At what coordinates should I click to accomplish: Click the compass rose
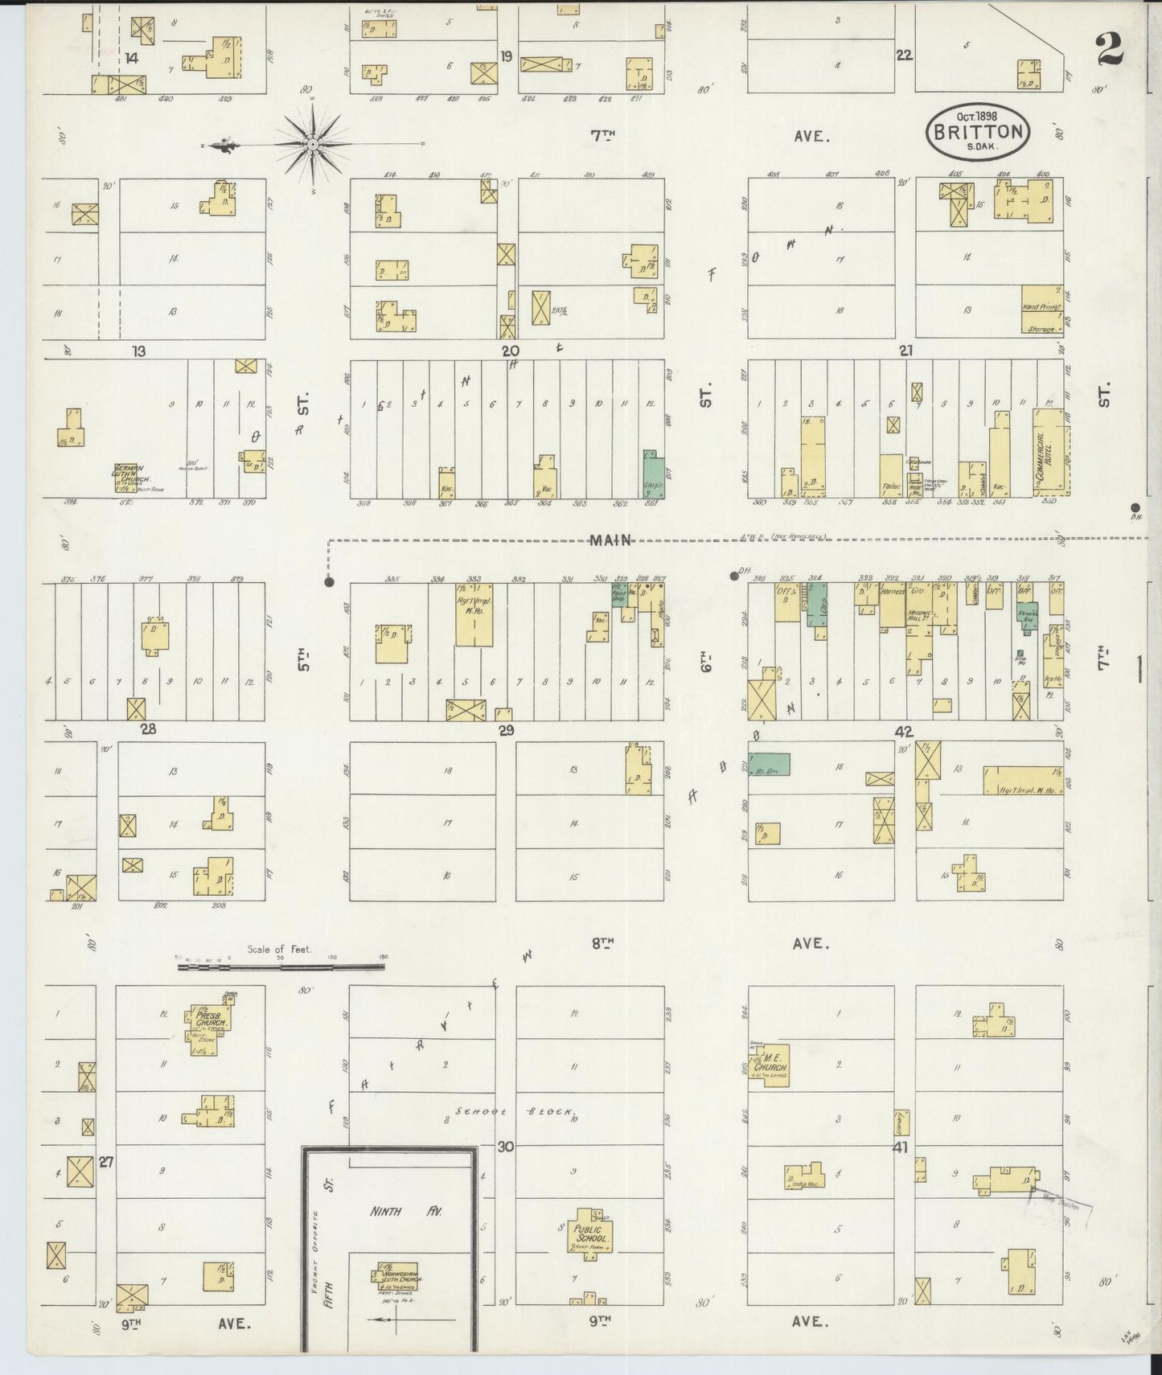coord(312,144)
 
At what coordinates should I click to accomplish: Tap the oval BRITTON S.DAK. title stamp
coord(978,131)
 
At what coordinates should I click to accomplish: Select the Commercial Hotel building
coord(1051,453)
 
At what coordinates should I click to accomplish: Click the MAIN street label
coord(611,540)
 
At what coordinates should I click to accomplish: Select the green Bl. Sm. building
coord(769,764)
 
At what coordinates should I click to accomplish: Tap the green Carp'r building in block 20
coord(654,475)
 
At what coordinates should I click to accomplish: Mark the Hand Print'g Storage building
coord(1042,310)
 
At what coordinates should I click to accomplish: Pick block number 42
coord(904,731)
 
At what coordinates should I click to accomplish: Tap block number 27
coord(106,1162)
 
